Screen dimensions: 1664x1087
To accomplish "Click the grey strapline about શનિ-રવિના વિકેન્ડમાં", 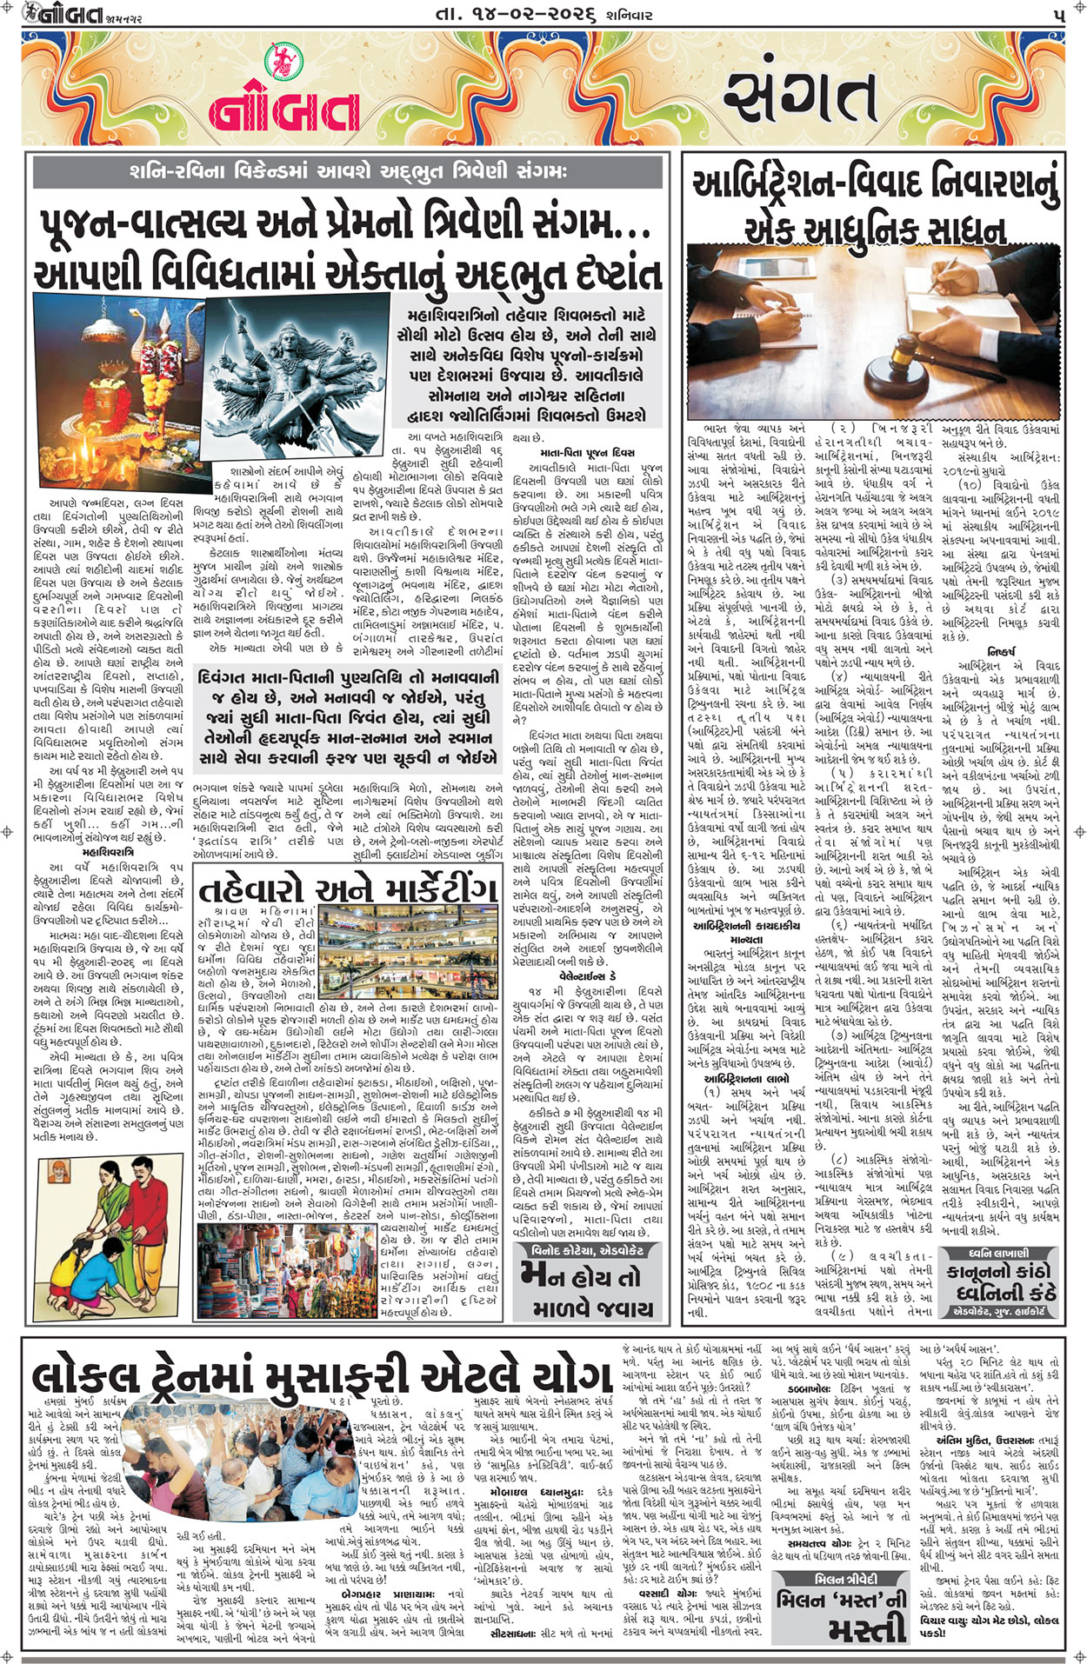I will pyautogui.click(x=348, y=170).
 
